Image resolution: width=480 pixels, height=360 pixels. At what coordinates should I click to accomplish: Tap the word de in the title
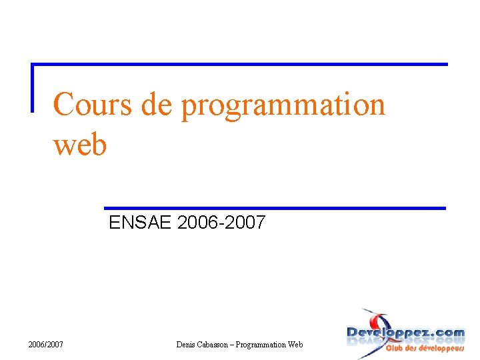(x=155, y=105)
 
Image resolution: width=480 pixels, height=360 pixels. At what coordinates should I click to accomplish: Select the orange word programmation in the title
(x=283, y=106)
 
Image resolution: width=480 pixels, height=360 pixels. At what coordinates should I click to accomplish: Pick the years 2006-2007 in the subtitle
(x=221, y=223)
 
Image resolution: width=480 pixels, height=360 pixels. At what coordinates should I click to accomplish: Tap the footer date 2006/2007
(x=46, y=344)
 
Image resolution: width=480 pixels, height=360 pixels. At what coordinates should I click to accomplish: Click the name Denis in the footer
(x=187, y=344)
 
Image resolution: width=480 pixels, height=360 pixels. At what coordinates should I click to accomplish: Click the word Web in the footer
(x=295, y=344)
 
